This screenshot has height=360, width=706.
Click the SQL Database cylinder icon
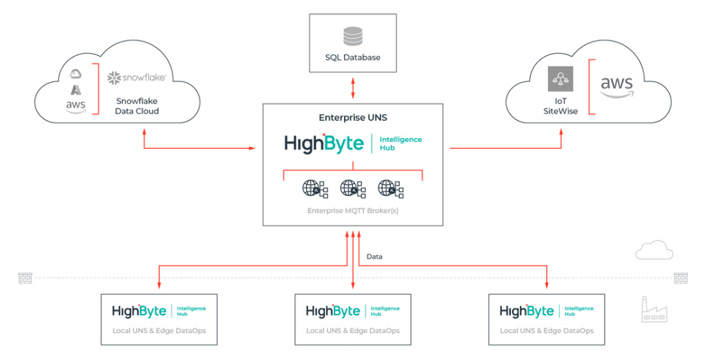(352, 35)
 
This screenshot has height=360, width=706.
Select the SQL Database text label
(352, 57)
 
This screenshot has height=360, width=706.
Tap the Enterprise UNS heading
(352, 118)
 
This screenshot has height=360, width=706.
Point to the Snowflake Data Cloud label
(137, 106)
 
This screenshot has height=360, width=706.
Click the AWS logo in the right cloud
(616, 88)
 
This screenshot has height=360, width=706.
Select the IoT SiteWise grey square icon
(560, 80)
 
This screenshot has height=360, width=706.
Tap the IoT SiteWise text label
(560, 106)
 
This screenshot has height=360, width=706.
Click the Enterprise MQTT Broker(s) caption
(352, 210)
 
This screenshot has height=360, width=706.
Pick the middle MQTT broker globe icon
(352, 188)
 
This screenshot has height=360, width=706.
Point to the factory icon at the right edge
(654, 310)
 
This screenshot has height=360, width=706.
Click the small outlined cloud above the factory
(654, 250)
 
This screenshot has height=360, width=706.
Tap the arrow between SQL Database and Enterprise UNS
(353, 88)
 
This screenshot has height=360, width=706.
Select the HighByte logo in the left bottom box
(140, 312)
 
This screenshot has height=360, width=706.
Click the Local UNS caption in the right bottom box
(546, 331)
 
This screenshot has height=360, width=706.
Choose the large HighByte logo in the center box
(324, 143)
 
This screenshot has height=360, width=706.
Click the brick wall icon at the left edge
(26, 278)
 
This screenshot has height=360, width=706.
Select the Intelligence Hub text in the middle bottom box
(385, 312)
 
